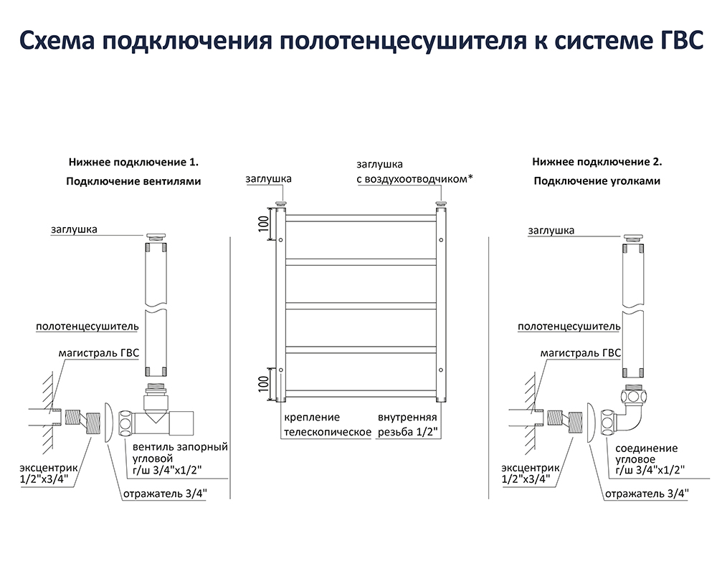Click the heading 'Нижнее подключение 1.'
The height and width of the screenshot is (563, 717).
133,162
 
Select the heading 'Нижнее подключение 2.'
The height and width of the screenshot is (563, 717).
597,162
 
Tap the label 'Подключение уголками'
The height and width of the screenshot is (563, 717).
597,181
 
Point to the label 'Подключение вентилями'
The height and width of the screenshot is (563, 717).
133,181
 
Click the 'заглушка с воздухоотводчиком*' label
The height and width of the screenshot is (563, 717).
415,172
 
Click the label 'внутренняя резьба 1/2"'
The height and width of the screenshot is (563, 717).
407,424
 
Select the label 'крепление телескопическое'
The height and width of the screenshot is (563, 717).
327,424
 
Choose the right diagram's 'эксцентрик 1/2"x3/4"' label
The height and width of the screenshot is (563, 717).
526,473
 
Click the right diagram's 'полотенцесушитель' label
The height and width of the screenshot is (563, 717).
569,326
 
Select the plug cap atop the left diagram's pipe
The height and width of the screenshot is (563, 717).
156,236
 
